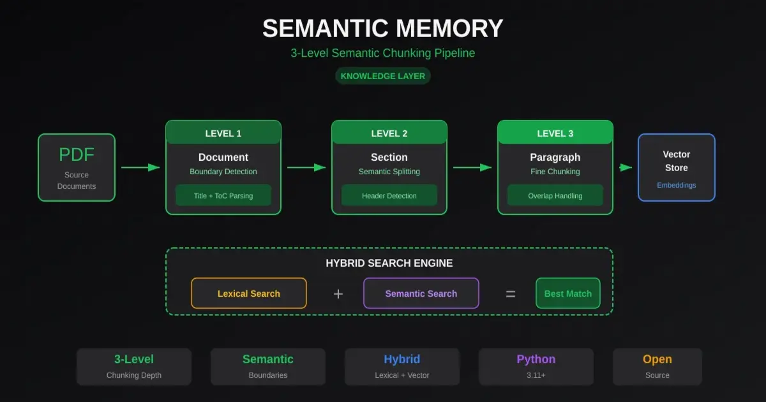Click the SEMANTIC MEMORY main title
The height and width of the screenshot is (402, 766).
(x=383, y=29)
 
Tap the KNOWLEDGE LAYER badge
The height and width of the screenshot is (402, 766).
(x=383, y=76)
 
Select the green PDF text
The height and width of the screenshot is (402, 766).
(x=77, y=155)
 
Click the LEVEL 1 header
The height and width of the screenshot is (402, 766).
(x=223, y=133)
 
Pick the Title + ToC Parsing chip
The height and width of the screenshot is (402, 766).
(x=223, y=196)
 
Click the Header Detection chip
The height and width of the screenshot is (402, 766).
(x=389, y=196)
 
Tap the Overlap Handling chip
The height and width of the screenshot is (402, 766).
(x=555, y=196)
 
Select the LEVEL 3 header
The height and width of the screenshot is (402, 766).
(x=555, y=133)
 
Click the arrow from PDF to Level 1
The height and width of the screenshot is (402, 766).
(x=140, y=167)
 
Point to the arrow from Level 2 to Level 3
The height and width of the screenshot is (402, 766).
(x=472, y=167)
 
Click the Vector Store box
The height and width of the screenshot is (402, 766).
(x=677, y=167)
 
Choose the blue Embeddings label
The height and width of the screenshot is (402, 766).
(x=677, y=185)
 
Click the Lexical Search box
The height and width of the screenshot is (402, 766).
(x=249, y=294)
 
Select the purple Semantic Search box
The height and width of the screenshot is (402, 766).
(x=421, y=294)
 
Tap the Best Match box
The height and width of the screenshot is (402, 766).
(x=568, y=294)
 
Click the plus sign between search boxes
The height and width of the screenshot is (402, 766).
(x=338, y=294)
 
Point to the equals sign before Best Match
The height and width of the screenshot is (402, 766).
(x=511, y=294)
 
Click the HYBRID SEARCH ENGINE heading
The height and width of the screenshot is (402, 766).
(x=389, y=263)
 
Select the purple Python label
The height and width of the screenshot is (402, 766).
(x=536, y=359)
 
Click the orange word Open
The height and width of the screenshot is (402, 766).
(x=657, y=359)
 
